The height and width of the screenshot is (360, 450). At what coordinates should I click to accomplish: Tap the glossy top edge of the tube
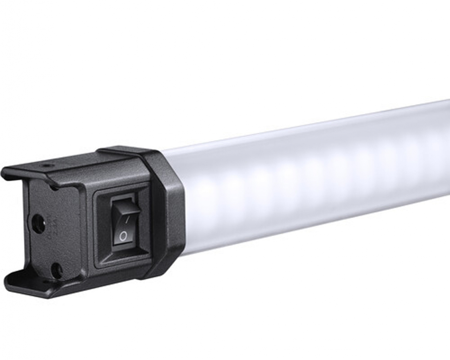pyautogui.click(x=316, y=125)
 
